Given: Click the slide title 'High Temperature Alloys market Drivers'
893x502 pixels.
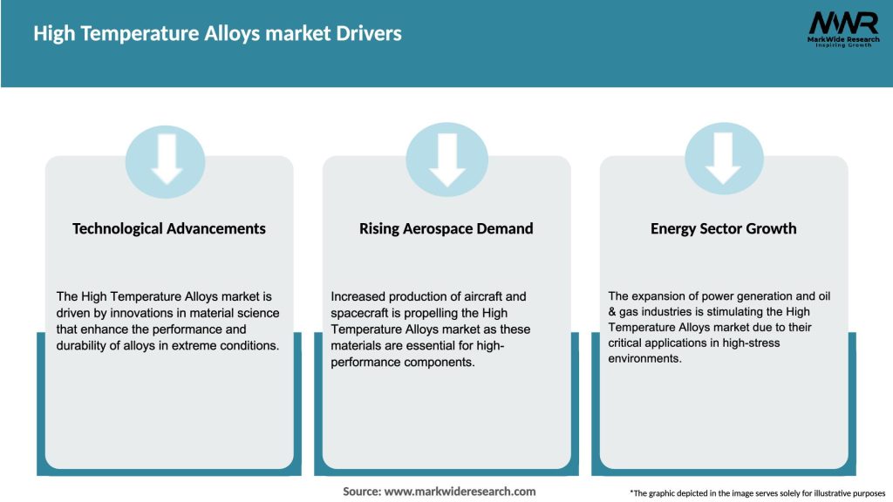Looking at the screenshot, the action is (217, 34).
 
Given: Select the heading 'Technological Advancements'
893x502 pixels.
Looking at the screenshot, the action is (169, 228).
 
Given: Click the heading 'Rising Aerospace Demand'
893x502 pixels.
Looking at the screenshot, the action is (446, 228).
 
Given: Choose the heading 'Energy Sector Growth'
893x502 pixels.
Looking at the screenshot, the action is (723, 228).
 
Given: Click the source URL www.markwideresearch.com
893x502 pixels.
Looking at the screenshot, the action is (460, 492).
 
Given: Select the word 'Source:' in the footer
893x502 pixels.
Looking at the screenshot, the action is (361, 492).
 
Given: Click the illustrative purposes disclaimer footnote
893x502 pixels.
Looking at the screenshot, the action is (757, 493).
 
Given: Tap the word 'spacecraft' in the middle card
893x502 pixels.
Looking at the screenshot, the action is (363, 313).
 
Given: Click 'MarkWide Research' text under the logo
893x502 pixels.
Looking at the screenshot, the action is (842, 39).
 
